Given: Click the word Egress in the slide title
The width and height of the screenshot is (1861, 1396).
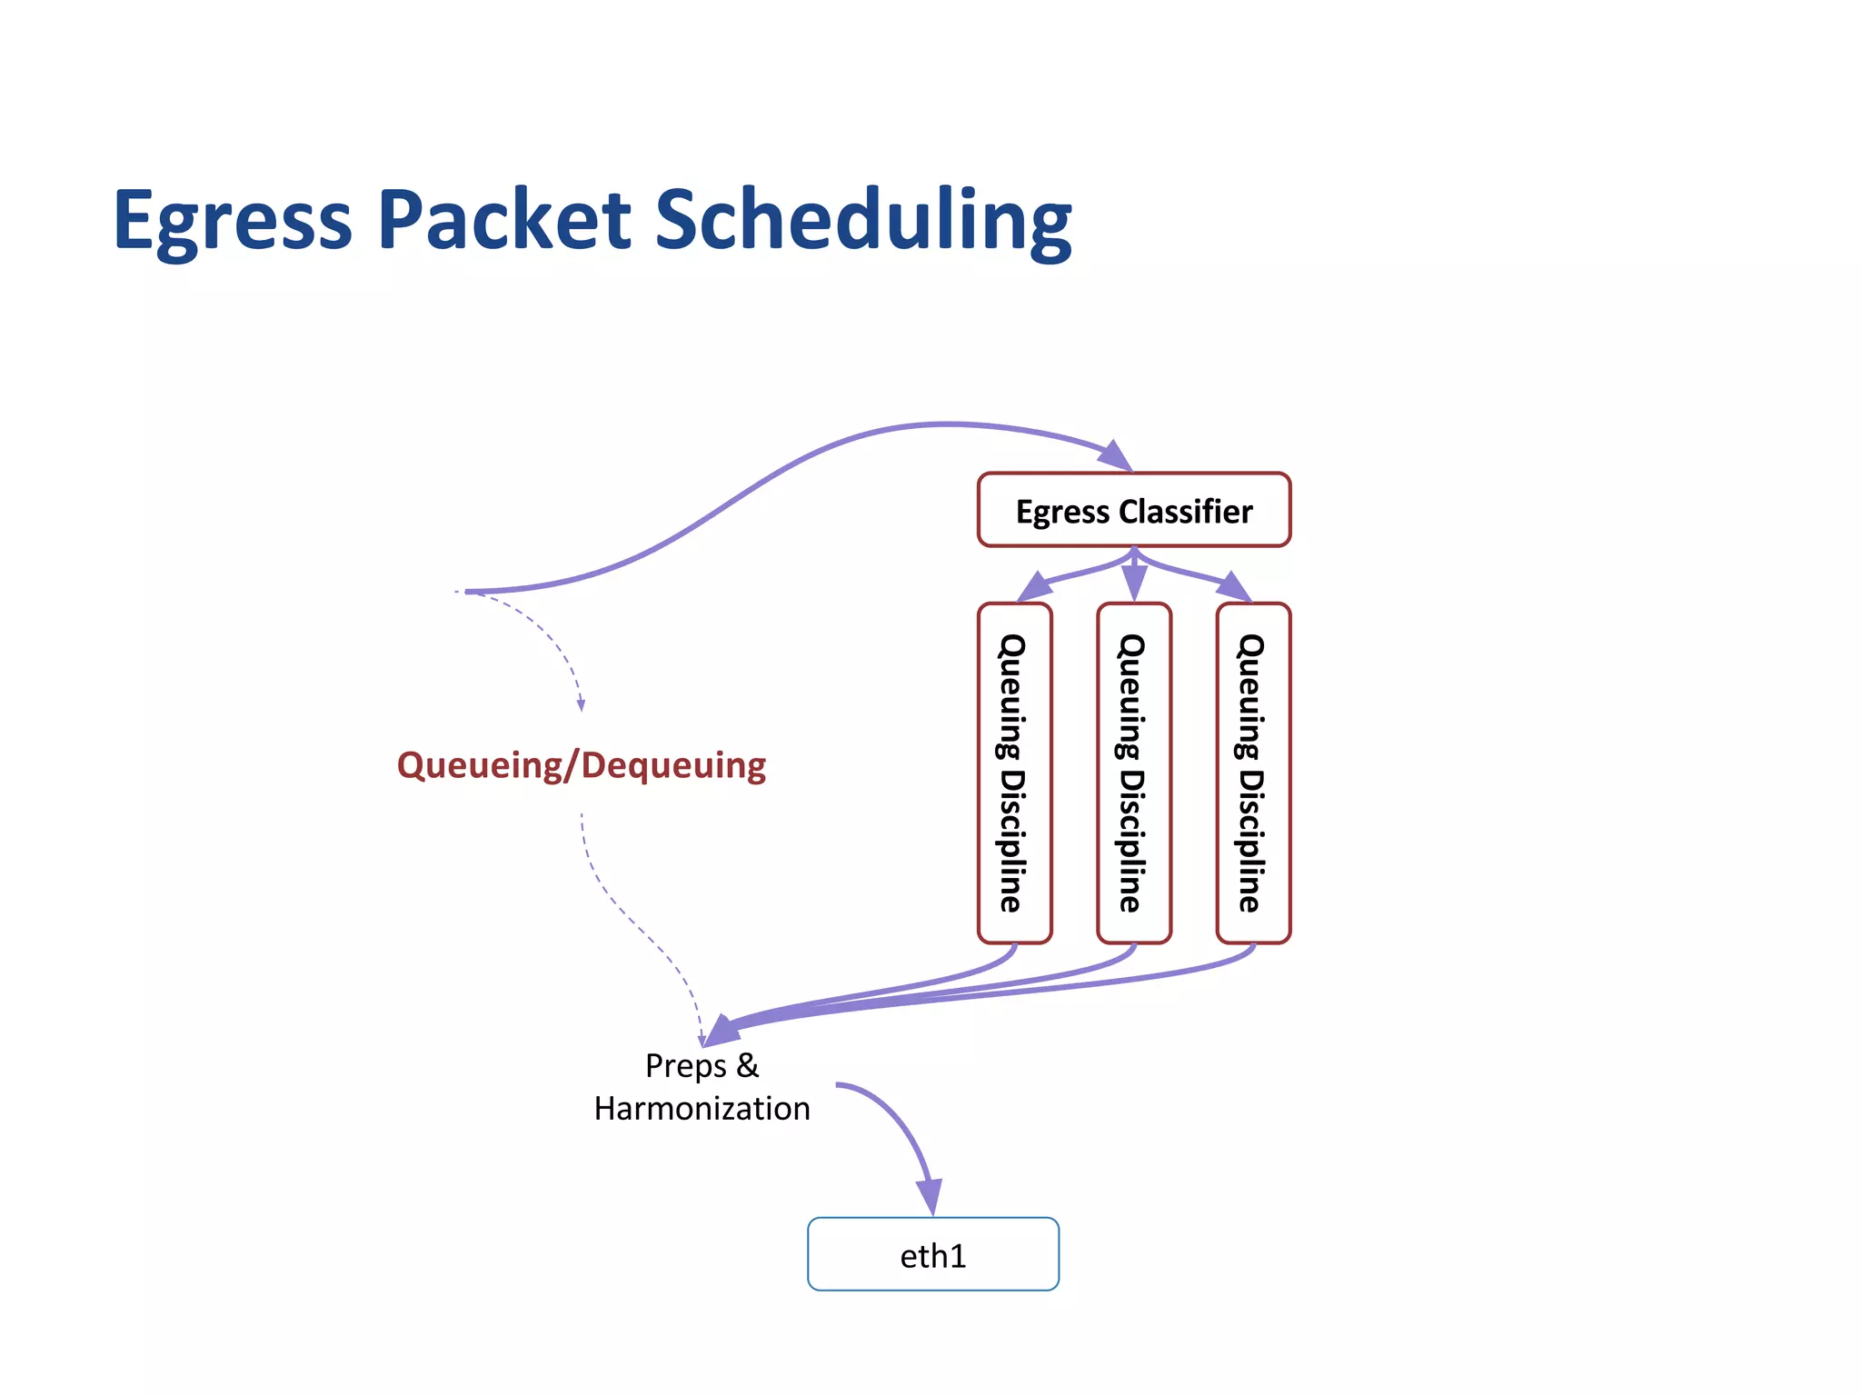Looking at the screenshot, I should point(233,221).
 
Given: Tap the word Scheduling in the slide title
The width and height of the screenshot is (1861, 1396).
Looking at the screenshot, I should point(863,221).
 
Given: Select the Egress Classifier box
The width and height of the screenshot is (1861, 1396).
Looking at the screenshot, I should point(1133,510).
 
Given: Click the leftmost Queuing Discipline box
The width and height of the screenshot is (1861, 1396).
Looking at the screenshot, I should point(1014,773).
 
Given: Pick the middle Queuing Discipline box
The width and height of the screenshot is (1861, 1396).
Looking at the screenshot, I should point(1133,773).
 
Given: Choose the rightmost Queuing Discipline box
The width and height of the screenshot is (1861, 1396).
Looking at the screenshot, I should point(1252,773).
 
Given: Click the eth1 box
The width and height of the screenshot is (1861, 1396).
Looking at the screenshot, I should point(932,1254).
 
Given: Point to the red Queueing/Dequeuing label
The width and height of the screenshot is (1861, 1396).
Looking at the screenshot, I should point(582,765).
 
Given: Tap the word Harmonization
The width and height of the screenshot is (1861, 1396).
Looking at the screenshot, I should point(702,1109).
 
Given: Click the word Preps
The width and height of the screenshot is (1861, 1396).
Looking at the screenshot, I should point(685,1066).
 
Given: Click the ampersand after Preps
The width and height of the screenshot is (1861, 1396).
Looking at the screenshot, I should point(748,1065).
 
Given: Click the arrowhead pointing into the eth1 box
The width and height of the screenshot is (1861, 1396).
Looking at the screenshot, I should point(930,1196).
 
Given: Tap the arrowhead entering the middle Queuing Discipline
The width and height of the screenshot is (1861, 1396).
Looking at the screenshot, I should point(1133,582).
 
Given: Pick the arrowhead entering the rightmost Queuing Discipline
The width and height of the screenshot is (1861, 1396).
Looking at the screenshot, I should point(1235,587).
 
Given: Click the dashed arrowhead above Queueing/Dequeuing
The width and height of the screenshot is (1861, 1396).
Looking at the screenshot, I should point(581,705).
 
